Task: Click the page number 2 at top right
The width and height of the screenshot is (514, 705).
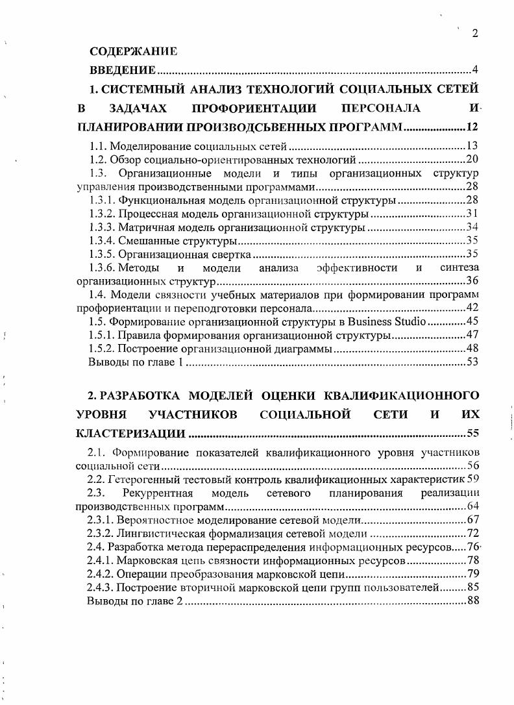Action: (x=474, y=34)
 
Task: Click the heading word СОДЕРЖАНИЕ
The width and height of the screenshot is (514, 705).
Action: (x=132, y=51)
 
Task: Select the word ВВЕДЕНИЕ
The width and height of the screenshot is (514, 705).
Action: (x=122, y=70)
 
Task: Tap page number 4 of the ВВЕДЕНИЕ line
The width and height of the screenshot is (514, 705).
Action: (x=475, y=70)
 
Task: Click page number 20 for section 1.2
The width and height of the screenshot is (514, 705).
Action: (x=472, y=160)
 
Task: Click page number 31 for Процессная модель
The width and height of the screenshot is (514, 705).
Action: (x=472, y=214)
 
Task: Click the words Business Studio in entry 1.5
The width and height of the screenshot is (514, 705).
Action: (x=387, y=321)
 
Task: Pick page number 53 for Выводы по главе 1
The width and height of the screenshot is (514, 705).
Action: (x=472, y=362)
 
